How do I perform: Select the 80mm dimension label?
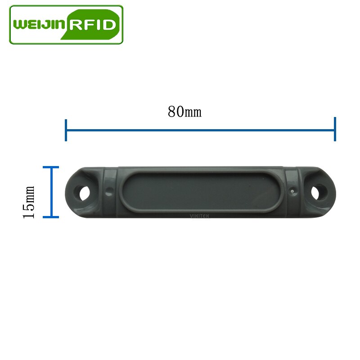pos(184,111)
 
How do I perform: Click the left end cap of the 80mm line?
pos(66,130)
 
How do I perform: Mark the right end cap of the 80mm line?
pos(335,129)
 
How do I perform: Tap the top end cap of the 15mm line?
pos(51,167)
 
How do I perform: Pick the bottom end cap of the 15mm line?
pos(51,217)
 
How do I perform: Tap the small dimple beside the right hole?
pos(293,191)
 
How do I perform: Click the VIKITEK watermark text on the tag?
pos(198,216)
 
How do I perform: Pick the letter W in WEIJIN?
pos(20,24)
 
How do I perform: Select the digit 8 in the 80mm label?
pos(172,111)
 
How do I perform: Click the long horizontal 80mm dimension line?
pos(200,130)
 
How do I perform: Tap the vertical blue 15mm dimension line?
pos(51,192)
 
